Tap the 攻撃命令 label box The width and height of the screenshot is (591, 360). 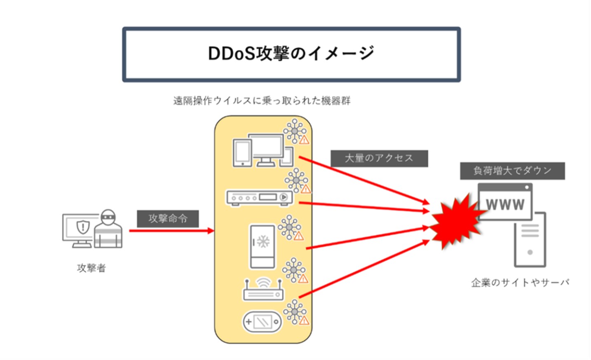[x=168, y=218]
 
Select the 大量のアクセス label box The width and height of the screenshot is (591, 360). [x=379, y=158]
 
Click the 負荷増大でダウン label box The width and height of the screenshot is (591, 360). [x=512, y=171]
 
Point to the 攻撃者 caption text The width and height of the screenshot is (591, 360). [x=91, y=268]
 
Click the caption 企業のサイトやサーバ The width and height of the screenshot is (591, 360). [x=520, y=283]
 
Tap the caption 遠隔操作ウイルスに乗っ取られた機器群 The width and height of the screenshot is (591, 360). [x=262, y=101]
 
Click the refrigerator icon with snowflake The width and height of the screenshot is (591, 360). [x=262, y=246]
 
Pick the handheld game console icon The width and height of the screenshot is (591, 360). [x=262, y=322]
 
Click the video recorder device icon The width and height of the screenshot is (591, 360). [x=259, y=198]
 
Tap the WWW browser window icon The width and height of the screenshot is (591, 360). [x=505, y=201]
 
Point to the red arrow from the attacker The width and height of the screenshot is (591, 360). [x=171, y=231]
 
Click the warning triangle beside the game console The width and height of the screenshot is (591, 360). [x=304, y=320]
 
